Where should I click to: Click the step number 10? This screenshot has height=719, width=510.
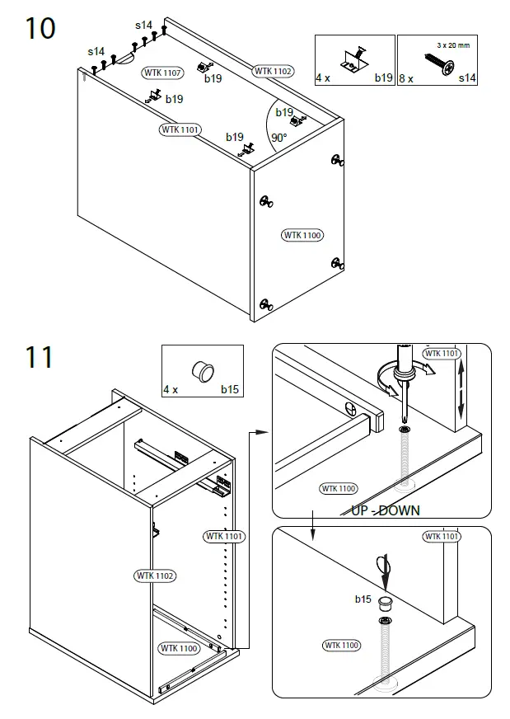click(40, 29)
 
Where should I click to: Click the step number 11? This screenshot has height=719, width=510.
click(38, 357)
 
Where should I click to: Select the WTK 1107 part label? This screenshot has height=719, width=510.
click(162, 73)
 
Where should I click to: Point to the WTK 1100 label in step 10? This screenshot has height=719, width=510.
click(302, 235)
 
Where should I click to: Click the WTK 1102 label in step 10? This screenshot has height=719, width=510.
click(273, 71)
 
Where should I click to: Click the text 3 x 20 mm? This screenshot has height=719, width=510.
click(452, 45)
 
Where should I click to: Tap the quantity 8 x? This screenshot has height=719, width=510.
click(407, 78)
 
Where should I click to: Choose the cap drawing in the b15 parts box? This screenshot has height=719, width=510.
click(200, 369)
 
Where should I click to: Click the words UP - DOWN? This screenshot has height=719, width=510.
click(385, 510)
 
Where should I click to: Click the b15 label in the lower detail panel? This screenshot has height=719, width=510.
click(363, 599)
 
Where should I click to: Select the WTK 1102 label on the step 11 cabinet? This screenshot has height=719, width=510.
click(154, 575)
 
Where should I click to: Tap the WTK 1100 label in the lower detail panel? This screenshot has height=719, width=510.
click(341, 646)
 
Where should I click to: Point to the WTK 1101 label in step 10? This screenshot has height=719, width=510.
click(180, 129)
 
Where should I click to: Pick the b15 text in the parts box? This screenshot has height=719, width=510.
click(229, 388)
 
